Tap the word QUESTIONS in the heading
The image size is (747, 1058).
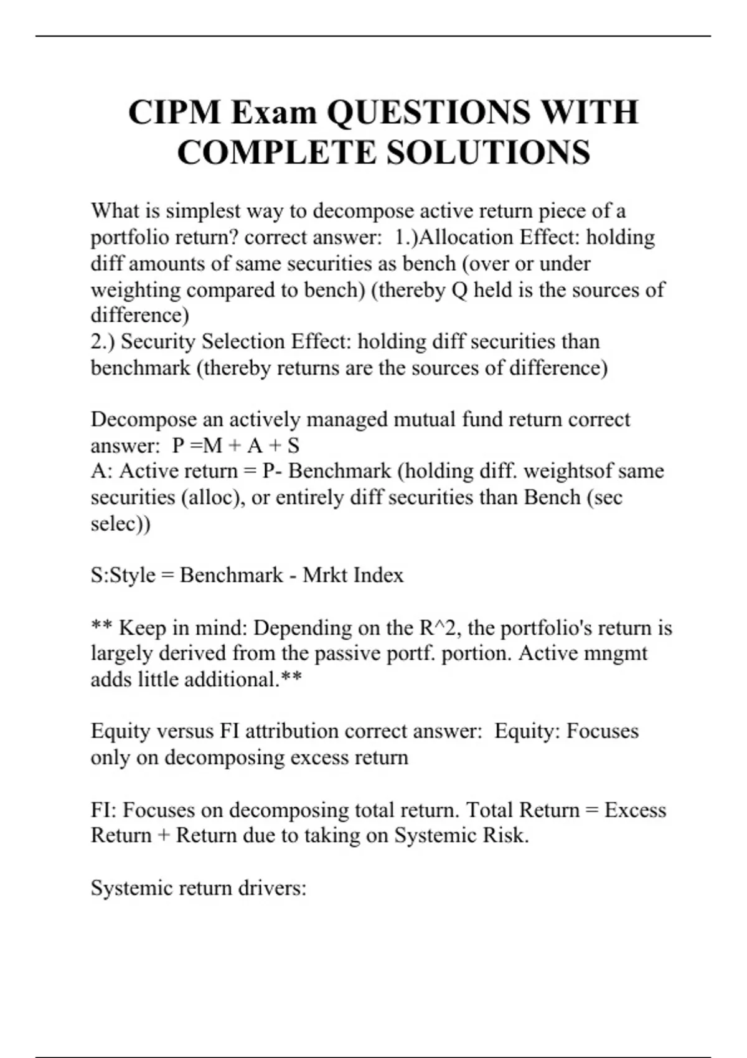pos(429,112)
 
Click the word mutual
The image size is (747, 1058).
pos(422,419)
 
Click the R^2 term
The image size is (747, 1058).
pos(438,627)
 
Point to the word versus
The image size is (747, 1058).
pos(185,731)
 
